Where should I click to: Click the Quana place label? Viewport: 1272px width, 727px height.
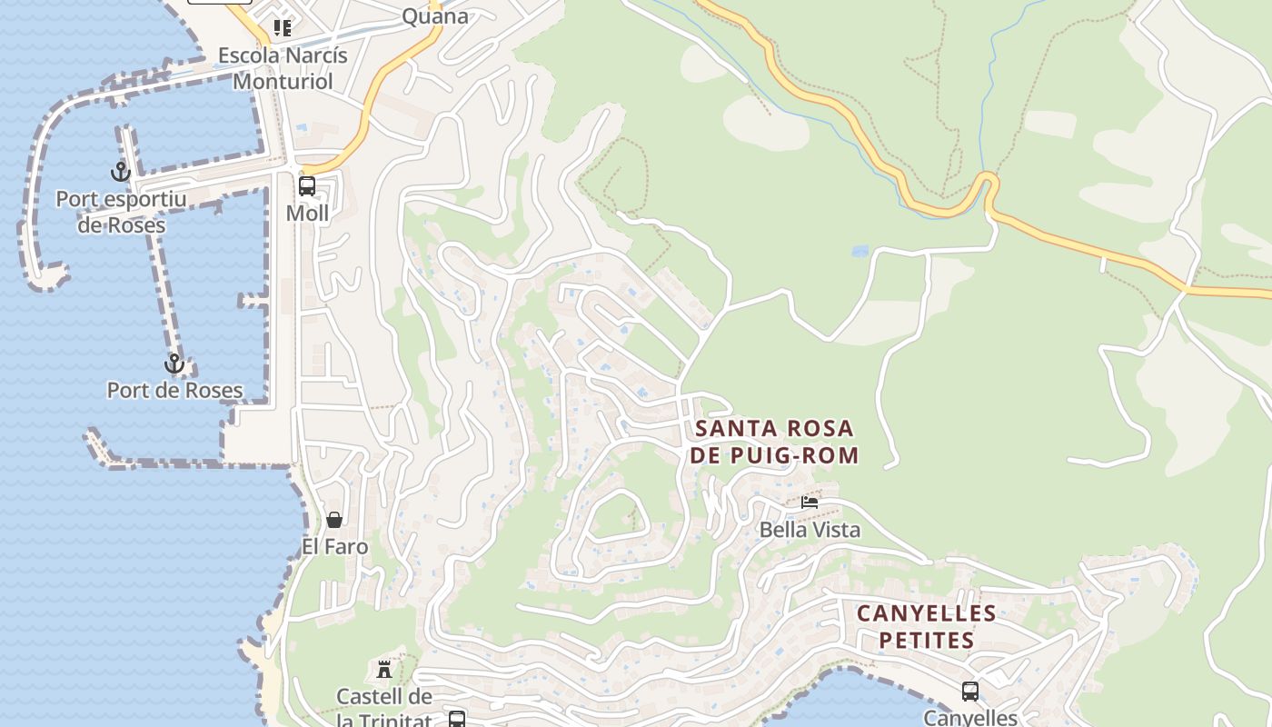[435, 15]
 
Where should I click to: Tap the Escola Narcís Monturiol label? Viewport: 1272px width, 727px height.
[283, 68]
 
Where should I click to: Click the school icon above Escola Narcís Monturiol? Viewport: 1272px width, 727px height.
[283, 28]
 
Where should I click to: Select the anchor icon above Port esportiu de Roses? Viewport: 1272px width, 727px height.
[121, 171]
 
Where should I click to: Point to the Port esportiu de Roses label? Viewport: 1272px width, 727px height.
[121, 212]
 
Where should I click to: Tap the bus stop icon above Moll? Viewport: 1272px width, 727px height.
[307, 186]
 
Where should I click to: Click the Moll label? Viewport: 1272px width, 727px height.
[307, 213]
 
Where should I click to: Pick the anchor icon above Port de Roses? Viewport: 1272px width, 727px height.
[174, 364]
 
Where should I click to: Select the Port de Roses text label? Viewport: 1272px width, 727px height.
[174, 391]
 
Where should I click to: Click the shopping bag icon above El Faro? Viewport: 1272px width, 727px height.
[334, 520]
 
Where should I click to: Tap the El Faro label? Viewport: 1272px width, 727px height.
[334, 546]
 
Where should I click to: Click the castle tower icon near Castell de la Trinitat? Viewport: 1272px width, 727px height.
[384, 670]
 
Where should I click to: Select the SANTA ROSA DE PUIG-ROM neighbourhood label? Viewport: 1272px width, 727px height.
[773, 442]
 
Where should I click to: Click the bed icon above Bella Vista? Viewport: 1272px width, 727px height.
[810, 502]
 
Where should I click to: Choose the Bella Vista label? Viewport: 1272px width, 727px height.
[810, 529]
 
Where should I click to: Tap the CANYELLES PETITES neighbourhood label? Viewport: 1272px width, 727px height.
[927, 627]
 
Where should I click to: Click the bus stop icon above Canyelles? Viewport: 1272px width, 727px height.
[970, 692]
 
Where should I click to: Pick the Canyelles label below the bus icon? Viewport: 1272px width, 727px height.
[970, 718]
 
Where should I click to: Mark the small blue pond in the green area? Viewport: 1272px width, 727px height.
[860, 250]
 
